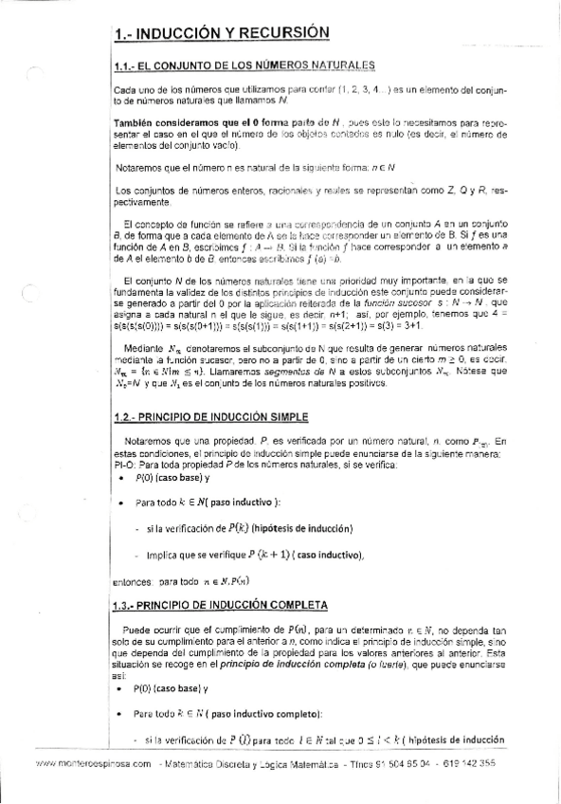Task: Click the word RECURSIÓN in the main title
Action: pyautogui.click(x=279, y=32)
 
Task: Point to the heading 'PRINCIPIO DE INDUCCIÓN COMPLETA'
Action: pyautogui.click(x=233, y=605)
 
